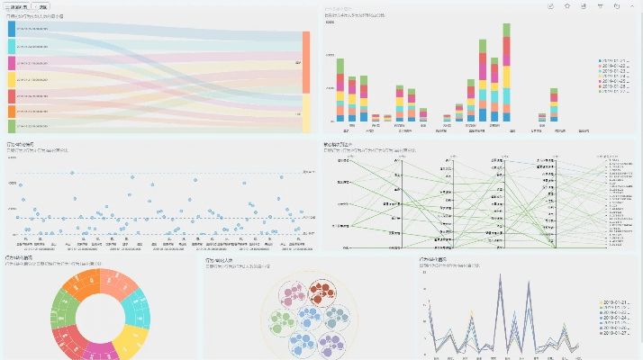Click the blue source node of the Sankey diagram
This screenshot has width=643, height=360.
pyautogui.click(x=11, y=29)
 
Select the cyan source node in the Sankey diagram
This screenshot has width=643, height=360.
pyautogui.click(x=11, y=46)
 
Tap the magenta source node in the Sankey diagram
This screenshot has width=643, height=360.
pyautogui.click(x=11, y=63)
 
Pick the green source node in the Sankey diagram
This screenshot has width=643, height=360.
pyautogui.click(x=11, y=126)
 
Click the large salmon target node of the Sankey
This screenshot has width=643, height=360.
pyautogui.click(x=306, y=62)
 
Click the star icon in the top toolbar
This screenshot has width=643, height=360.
pyautogui.click(x=567, y=5)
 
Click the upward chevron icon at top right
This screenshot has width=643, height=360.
pyautogui.click(x=633, y=5)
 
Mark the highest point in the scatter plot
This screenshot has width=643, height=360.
pyautogui.click(x=72, y=172)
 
